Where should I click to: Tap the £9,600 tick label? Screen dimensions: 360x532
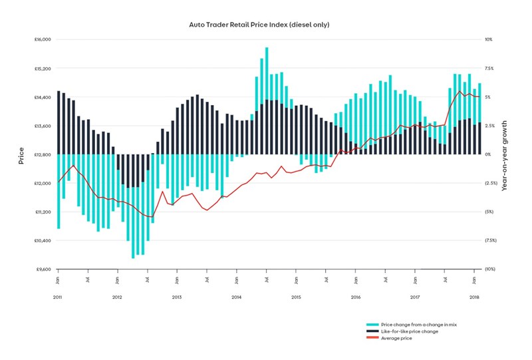tap(43, 270)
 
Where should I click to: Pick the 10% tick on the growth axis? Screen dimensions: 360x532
tap(487, 39)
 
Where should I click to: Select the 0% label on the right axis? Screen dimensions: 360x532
tap(487, 154)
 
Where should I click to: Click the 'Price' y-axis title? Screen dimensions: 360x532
tap(21, 154)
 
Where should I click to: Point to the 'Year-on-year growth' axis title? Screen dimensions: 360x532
tap(505, 154)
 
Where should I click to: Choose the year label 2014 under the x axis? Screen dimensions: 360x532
tap(236, 295)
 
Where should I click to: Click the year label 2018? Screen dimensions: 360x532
tap(474, 295)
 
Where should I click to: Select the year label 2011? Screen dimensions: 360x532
tap(58, 295)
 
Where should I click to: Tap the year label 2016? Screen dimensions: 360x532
tap(355, 295)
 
